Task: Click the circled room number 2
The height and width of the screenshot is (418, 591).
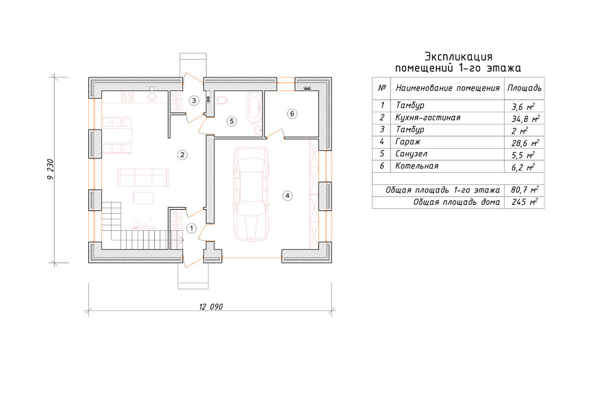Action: (182, 155)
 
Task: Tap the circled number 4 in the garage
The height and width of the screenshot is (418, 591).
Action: (288, 195)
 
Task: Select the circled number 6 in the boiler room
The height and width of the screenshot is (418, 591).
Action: (292, 114)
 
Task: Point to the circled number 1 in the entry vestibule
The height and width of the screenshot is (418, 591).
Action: (192, 228)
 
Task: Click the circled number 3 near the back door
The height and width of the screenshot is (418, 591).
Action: (194, 100)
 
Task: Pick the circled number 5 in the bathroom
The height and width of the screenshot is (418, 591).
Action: (231, 121)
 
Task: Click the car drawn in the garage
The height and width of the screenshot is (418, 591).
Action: (251, 193)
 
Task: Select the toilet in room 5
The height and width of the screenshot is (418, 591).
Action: (223, 100)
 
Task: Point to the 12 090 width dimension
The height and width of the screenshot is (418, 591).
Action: (211, 307)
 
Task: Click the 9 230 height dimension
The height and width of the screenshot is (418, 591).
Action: (51, 169)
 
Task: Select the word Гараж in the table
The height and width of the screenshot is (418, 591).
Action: (407, 142)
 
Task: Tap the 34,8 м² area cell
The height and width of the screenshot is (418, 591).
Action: (525, 119)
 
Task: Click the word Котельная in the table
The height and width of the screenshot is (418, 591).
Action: (417, 166)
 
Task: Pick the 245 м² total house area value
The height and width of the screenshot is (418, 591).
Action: (525, 202)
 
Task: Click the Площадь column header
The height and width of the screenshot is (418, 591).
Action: (525, 88)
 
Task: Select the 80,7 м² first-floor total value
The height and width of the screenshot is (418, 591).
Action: (525, 190)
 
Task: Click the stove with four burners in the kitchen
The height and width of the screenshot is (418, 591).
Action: (127, 97)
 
